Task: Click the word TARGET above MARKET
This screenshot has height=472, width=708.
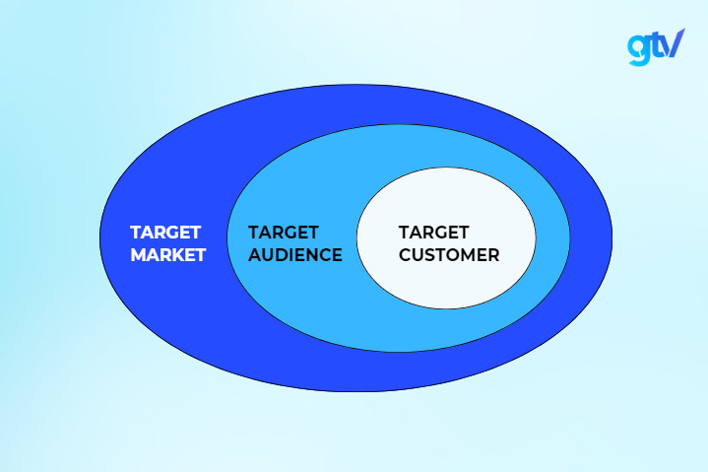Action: [165, 233]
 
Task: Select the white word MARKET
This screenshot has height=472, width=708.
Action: [168, 255]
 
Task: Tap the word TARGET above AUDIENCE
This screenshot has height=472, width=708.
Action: [284, 233]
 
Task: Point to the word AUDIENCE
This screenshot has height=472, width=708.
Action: [294, 255]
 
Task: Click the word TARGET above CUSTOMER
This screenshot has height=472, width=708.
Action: [433, 233]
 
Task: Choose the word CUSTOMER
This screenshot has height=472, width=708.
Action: [448, 255]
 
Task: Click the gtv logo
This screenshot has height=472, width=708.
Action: [655, 45]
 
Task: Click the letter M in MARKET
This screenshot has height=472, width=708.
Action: [139, 255]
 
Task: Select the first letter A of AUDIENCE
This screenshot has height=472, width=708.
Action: [254, 255]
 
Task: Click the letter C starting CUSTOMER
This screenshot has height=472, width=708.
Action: [405, 255]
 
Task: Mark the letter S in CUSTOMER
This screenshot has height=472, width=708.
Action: [431, 255]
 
